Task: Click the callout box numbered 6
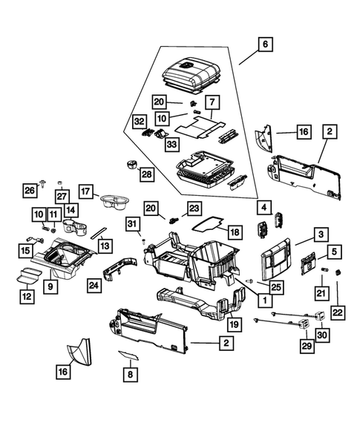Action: pyautogui.click(x=264, y=44)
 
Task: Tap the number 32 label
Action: pyautogui.click(x=139, y=120)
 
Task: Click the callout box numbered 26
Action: pyautogui.click(x=29, y=190)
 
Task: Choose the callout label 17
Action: pyautogui.click(x=88, y=191)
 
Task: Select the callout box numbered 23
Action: pyautogui.click(x=194, y=208)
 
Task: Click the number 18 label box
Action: pyautogui.click(x=234, y=232)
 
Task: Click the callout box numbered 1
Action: pyautogui.click(x=263, y=300)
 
